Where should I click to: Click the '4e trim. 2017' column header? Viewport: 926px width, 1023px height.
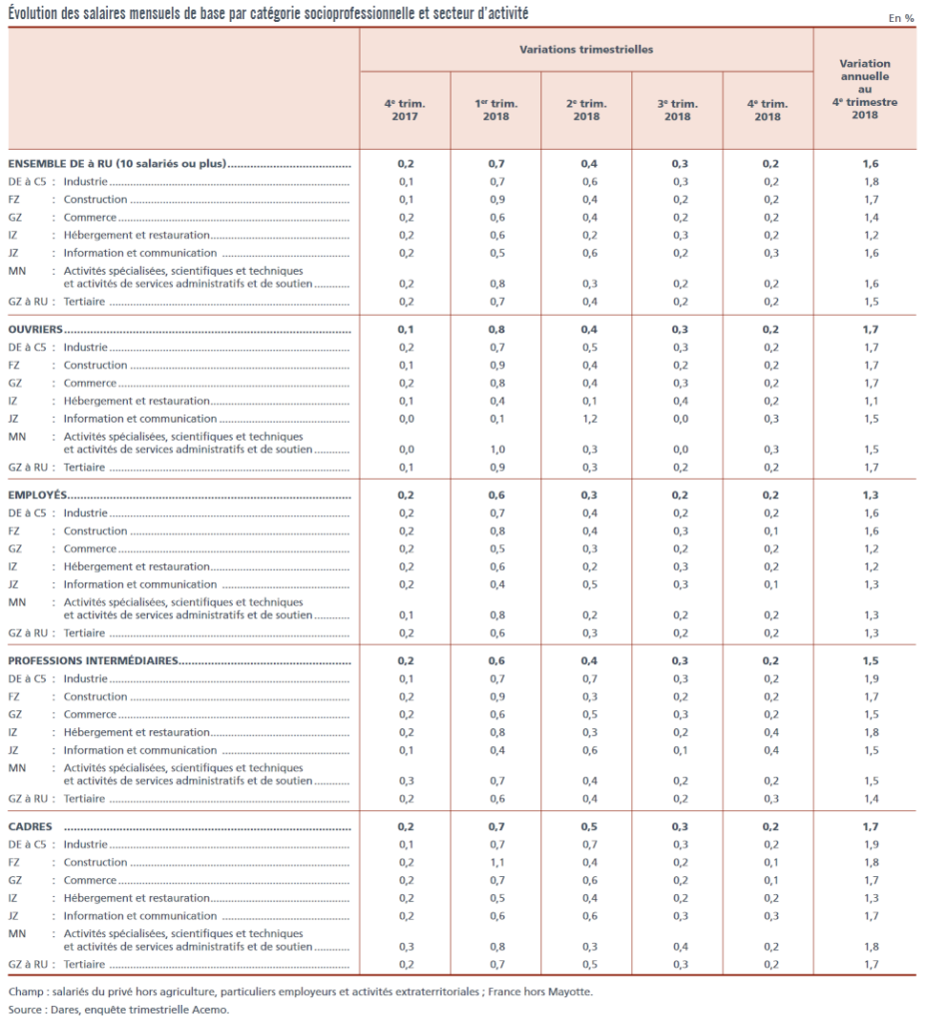coord(405,110)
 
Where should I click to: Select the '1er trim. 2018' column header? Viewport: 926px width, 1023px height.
coord(495,110)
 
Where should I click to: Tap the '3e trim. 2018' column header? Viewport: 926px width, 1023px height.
coord(677,110)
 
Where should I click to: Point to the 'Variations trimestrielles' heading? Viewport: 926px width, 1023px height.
coord(586,50)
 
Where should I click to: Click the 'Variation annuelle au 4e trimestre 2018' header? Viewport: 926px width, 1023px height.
coord(865,89)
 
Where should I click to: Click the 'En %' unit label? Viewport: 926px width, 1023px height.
coord(901,18)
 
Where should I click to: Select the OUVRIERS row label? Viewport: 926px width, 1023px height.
coord(35,330)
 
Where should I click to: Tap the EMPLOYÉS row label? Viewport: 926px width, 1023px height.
coord(37,496)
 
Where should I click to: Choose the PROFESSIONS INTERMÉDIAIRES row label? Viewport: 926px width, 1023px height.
coord(93,661)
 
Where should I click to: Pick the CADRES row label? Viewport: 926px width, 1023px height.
coord(30,826)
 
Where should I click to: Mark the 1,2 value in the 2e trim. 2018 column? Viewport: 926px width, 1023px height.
coord(589,419)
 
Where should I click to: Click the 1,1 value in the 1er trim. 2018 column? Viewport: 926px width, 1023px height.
coord(497,862)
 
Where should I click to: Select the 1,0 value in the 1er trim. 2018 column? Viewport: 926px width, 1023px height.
coord(497,450)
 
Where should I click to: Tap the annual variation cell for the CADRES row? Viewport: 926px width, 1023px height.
coord(870,826)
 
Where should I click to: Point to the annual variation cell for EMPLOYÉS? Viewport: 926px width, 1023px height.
coord(870,496)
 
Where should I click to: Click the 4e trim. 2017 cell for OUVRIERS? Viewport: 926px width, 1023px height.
coord(406,330)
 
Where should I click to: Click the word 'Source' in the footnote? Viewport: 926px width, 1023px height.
coord(25,1010)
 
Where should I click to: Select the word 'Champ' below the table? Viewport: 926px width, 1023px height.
coord(26,992)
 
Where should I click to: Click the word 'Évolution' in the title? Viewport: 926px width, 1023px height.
coord(33,14)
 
